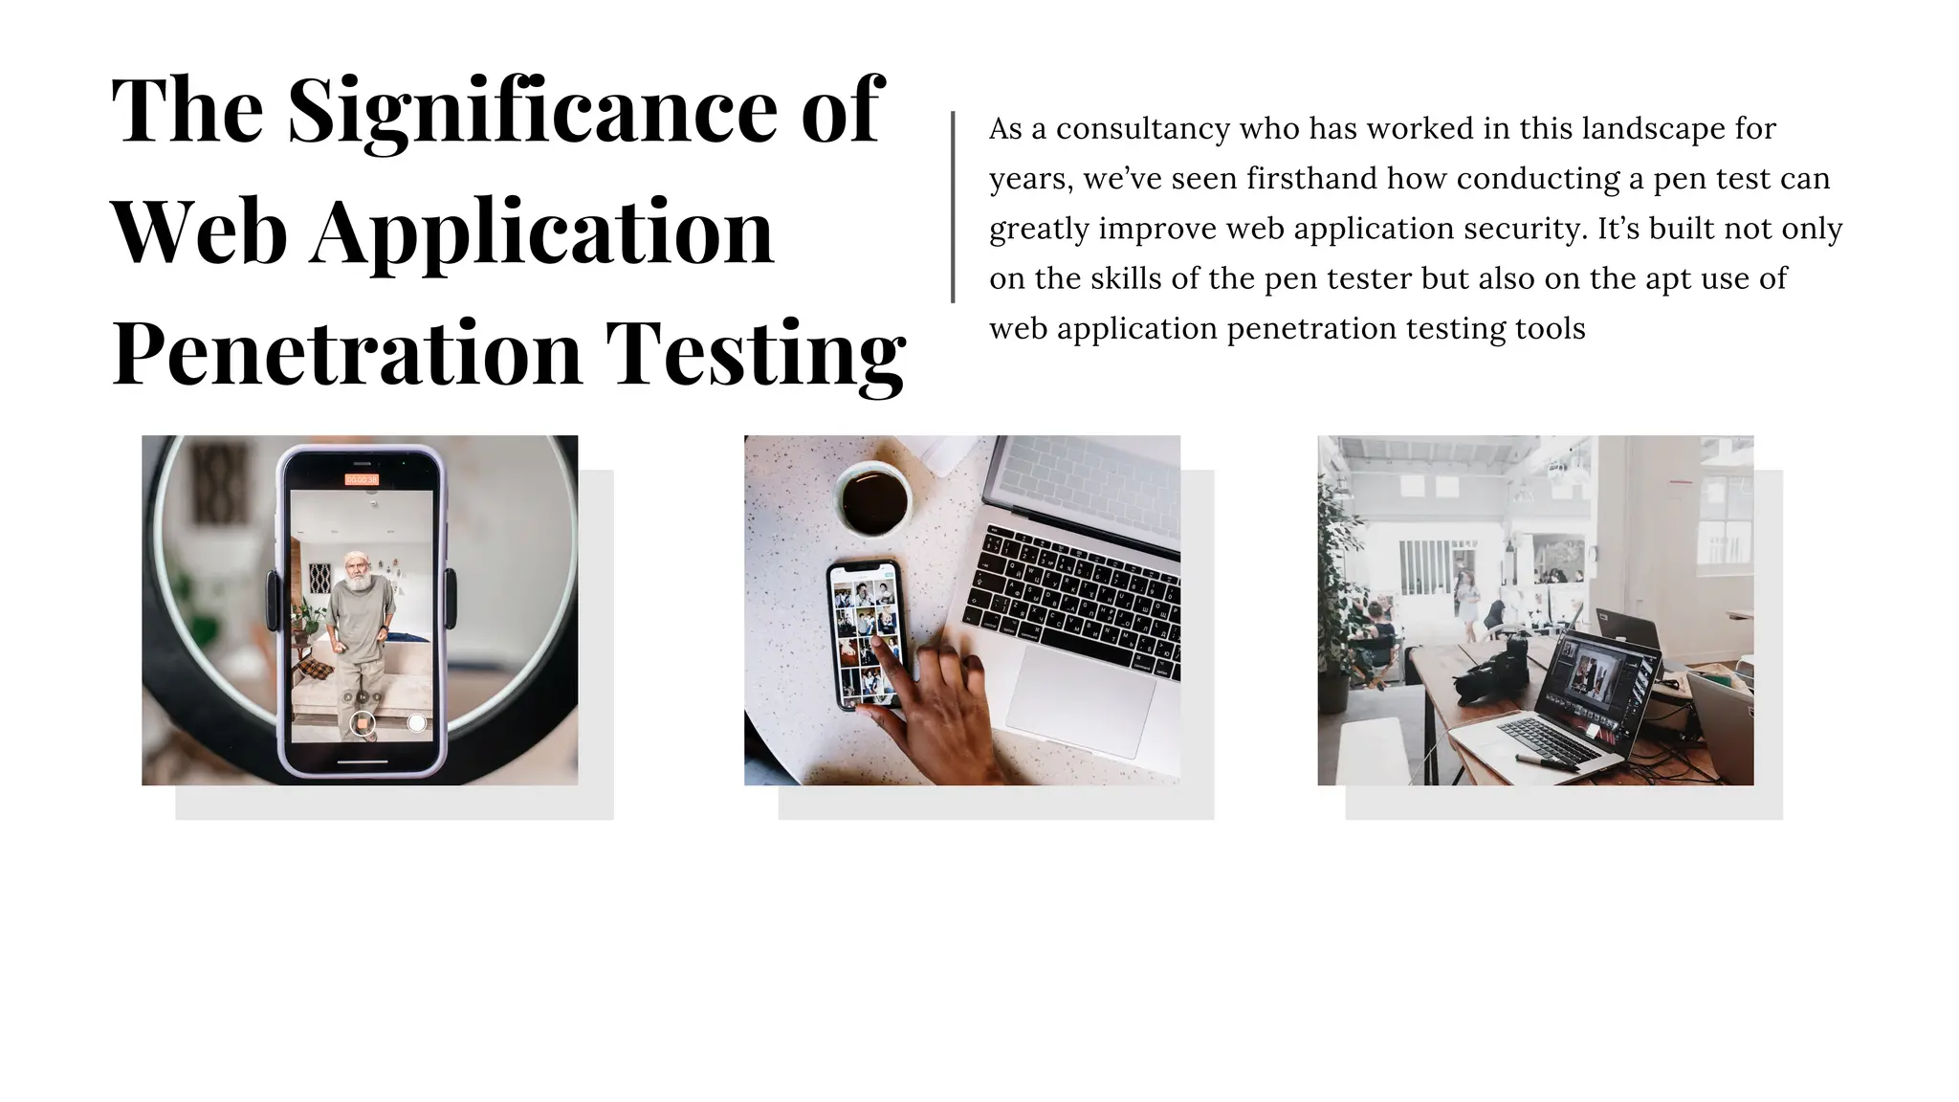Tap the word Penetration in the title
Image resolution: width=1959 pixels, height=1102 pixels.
347,354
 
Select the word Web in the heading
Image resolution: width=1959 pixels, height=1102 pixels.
199,233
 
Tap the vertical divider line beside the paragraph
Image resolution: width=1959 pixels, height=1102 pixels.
953,208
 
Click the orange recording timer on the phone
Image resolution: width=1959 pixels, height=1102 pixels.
362,478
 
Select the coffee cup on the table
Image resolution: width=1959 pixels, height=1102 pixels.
872,497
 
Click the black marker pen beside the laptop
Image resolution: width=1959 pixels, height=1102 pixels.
1546,762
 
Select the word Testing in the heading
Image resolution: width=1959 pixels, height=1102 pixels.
756,354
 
